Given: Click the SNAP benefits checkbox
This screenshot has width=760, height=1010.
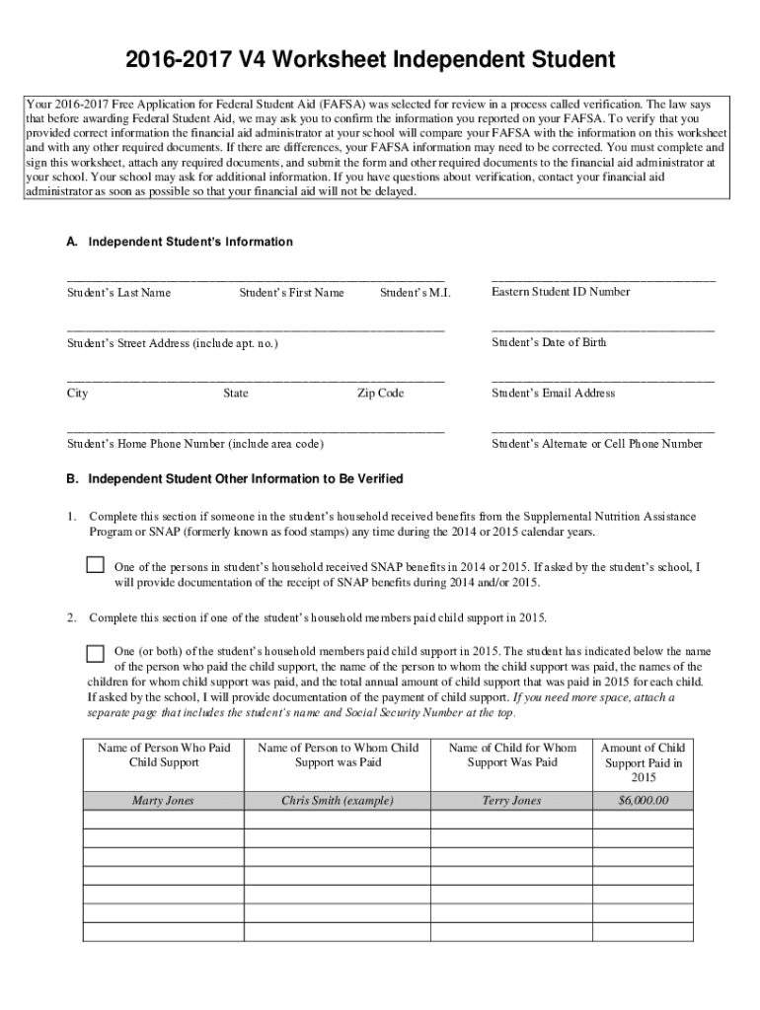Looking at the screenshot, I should pos(95,565).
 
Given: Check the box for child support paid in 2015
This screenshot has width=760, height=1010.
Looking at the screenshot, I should pos(95,653).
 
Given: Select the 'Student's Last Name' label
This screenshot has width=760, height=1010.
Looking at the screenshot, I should pos(118,293).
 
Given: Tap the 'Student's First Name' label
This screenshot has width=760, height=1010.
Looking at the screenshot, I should pos(291,293).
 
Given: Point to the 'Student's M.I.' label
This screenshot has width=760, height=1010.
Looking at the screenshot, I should pos(415,293).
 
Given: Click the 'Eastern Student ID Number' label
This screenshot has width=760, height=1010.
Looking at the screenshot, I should pos(561,292).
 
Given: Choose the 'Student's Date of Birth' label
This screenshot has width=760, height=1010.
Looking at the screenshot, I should pos(549,343).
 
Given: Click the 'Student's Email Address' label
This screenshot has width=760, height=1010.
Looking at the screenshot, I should pos(553,394).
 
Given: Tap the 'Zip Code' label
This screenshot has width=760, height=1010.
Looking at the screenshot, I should pos(380,394).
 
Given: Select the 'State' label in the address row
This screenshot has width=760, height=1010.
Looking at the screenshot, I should pos(236,394).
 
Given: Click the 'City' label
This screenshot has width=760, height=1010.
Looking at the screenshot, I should pos(77,394).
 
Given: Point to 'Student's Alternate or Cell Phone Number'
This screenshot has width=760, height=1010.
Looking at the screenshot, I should pos(597,444).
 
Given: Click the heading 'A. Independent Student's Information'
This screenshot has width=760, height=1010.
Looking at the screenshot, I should pos(180,242).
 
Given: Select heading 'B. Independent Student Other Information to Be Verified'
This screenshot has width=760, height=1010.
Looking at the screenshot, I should pos(235,478).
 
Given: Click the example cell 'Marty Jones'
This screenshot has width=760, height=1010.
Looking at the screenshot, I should pos(164,801).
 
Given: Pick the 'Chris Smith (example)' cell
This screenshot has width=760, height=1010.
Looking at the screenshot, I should pos(338,801).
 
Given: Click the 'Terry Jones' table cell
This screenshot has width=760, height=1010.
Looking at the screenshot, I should pos(511,801).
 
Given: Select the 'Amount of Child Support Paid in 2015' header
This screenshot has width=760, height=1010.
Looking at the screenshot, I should pos(643,762).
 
